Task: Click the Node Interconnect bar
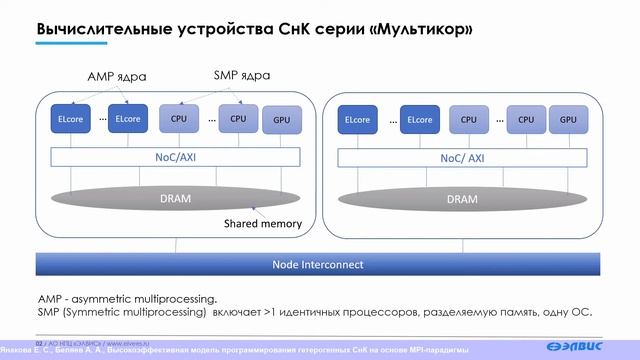click(319, 264)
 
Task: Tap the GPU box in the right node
click(568, 120)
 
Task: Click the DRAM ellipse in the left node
click(175, 198)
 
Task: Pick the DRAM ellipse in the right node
click(462, 198)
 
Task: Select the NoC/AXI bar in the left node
click(175, 157)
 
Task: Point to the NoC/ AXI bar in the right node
click(462, 157)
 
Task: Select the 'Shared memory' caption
click(262, 224)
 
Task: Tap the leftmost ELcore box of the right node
click(359, 120)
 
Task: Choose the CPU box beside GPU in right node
click(526, 120)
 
